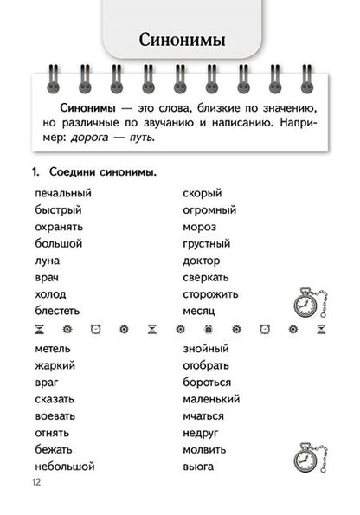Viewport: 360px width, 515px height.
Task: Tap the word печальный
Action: click(x=63, y=193)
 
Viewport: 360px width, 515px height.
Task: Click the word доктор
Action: click(x=202, y=261)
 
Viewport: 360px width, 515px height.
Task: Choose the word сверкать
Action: click(x=206, y=277)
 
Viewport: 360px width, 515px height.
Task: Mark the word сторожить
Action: click(x=210, y=294)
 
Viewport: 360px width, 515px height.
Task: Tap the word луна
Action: click(x=48, y=261)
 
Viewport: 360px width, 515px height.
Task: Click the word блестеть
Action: click(x=58, y=311)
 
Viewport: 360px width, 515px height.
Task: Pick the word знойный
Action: click(x=206, y=349)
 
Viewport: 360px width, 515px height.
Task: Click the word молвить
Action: click(x=205, y=450)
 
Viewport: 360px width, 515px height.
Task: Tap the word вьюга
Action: click(x=198, y=467)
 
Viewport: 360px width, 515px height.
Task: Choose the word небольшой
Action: click(x=65, y=467)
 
